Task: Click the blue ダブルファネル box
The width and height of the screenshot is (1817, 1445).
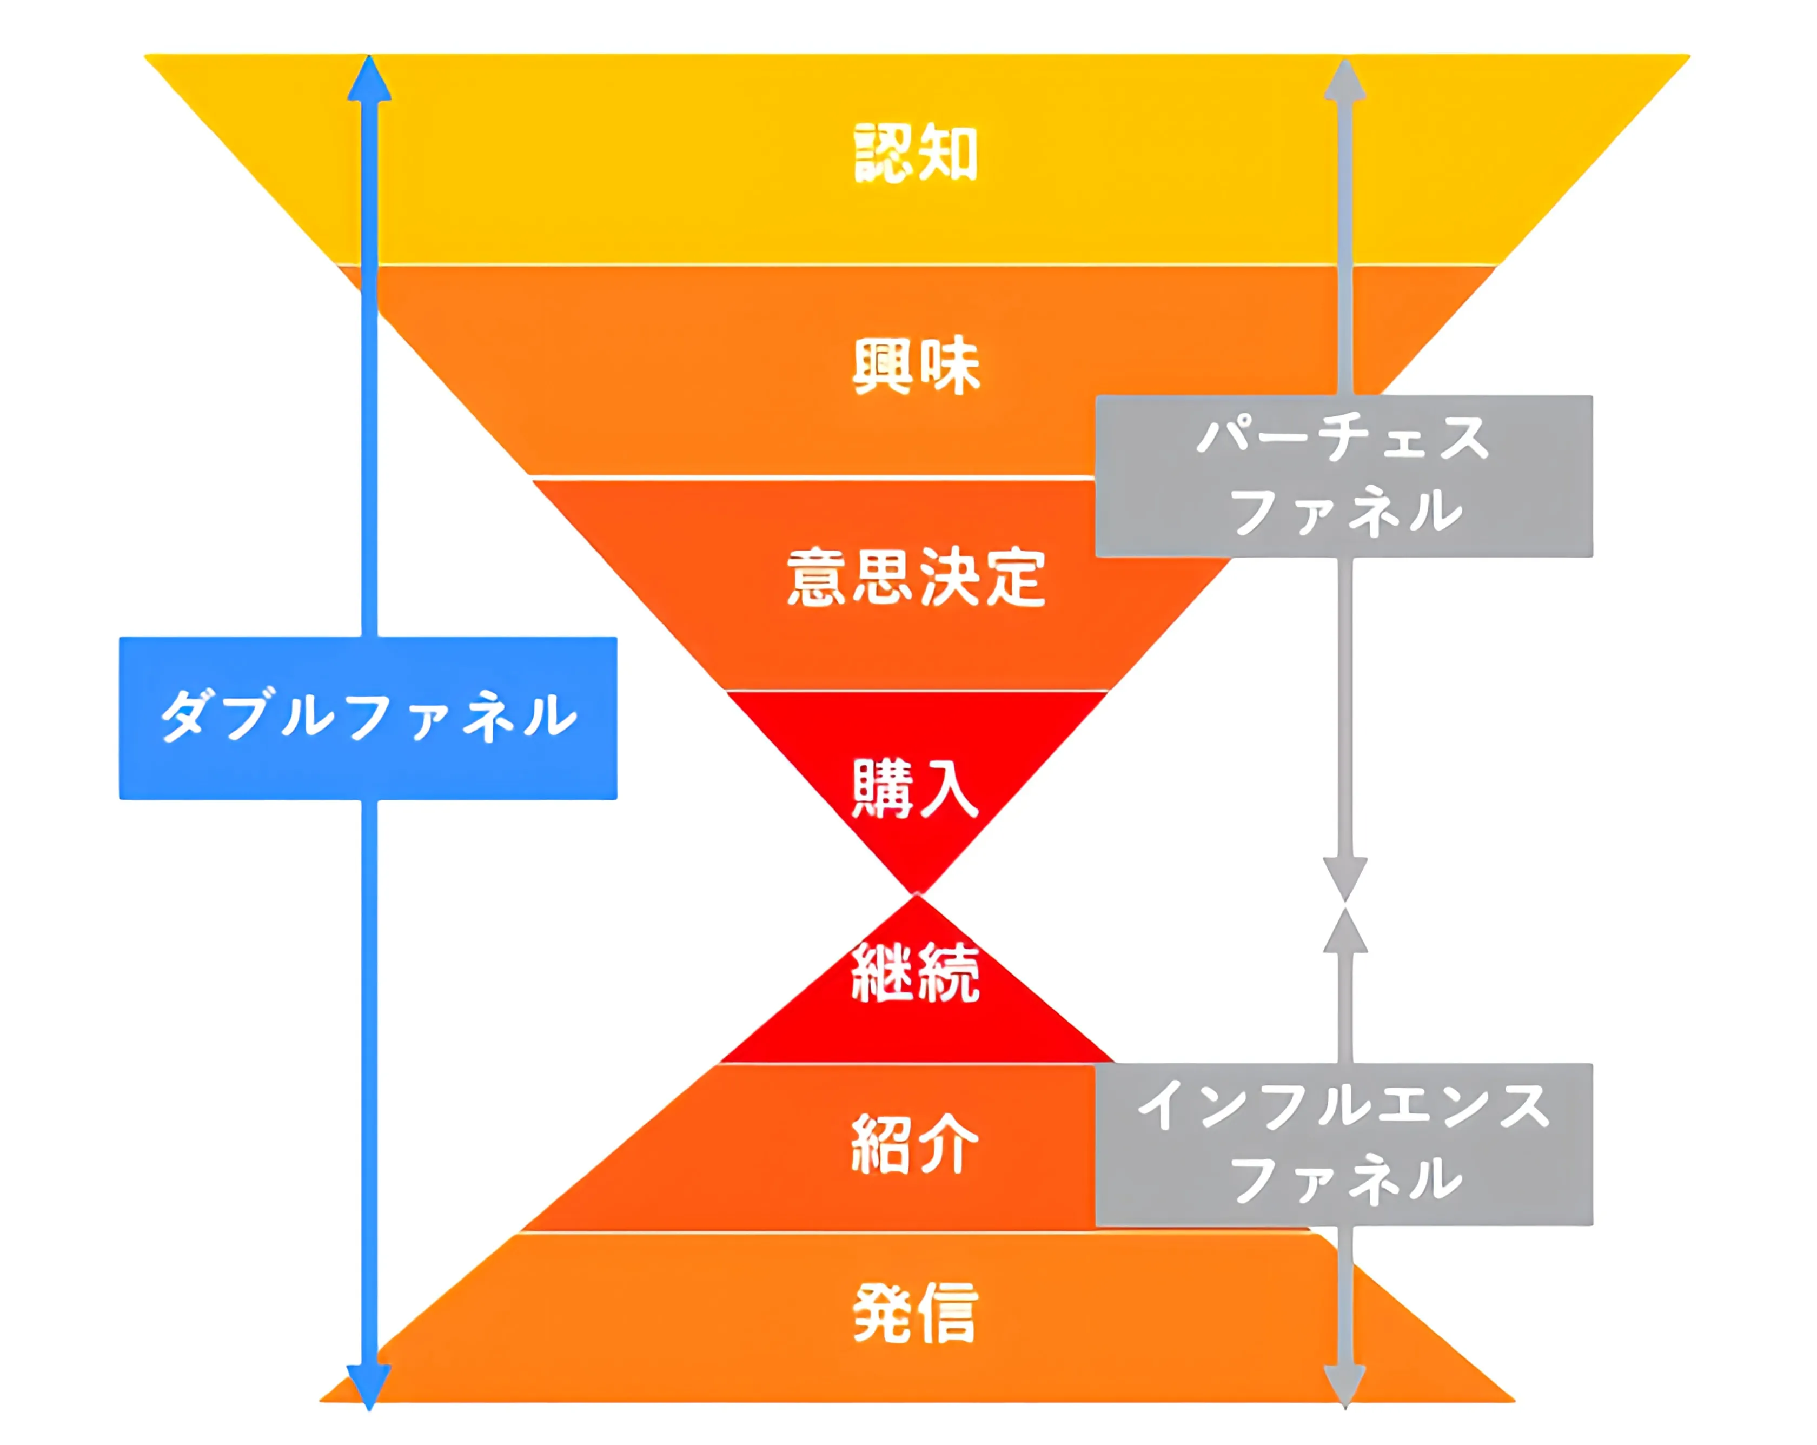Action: tap(368, 718)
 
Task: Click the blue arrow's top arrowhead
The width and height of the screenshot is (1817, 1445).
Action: tap(369, 80)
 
